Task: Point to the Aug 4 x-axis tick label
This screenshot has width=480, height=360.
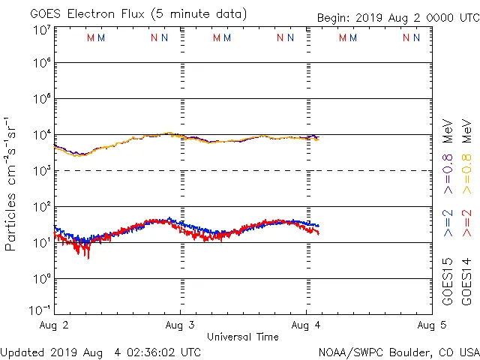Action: [x=306, y=325]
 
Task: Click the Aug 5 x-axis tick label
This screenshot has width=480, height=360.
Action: [x=431, y=325]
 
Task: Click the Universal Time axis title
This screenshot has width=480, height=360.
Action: [x=243, y=337]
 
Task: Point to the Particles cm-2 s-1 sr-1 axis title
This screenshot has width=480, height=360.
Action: [x=11, y=183]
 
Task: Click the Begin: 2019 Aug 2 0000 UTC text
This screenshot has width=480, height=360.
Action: [x=397, y=17]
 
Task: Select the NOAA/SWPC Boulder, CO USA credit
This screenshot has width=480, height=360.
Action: [x=399, y=351]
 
